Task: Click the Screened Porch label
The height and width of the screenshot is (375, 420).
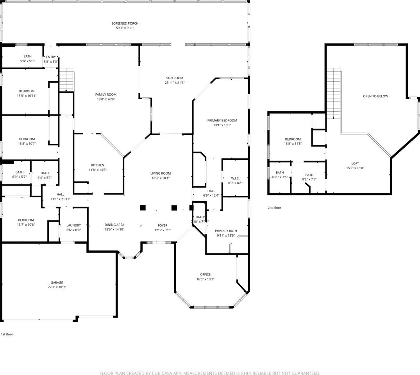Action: click(125, 23)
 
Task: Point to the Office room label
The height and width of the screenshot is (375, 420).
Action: click(205, 275)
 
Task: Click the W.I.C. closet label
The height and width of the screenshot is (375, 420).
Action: click(235, 178)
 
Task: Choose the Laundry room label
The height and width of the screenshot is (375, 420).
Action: click(73, 225)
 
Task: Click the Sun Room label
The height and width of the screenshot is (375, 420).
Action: click(174, 78)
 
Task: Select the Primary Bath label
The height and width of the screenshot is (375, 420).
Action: click(226, 231)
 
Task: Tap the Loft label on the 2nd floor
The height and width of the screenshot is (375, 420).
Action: click(355, 164)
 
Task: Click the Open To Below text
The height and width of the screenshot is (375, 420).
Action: click(375, 96)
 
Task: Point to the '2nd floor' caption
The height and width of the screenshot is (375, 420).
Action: click(274, 208)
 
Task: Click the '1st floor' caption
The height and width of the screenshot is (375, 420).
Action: click(7, 334)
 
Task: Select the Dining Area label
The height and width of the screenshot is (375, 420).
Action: click(114, 225)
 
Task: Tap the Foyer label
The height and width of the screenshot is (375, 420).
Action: click(162, 225)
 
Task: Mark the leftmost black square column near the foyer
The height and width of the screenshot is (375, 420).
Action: click(143, 207)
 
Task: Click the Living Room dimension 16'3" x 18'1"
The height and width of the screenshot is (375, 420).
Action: click(160, 178)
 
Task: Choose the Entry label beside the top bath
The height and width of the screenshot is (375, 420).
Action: click(51, 57)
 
